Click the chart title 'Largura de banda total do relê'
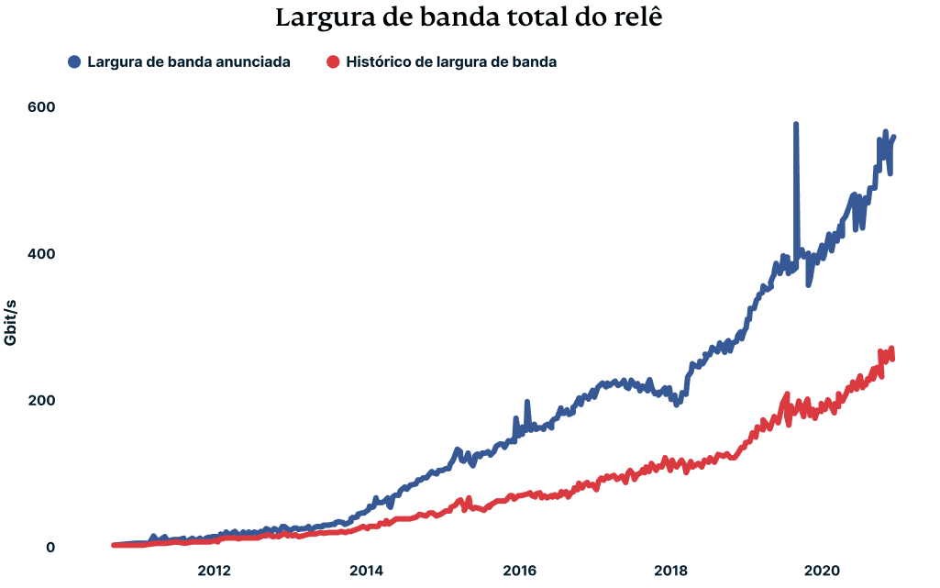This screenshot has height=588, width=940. coord(469,19)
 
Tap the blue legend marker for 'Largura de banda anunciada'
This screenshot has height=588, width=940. coord(74,62)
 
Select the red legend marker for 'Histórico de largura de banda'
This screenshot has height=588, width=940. coord(333,62)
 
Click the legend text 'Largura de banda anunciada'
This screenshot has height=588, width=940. coord(189,62)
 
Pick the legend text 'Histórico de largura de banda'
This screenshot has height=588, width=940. coord(451,62)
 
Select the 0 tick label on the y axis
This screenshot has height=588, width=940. coord(50,549)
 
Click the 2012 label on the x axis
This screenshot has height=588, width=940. coord(214,569)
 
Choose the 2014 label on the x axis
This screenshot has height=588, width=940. coord(366,569)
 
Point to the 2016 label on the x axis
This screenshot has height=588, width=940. coord(519,569)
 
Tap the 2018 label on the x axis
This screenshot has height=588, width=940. coord(671,569)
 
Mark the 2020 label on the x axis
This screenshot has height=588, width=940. coord(824,569)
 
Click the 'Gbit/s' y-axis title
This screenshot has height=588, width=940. coord(12,320)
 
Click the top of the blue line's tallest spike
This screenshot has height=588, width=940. coord(796,125)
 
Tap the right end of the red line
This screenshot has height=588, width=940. coord(891,353)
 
